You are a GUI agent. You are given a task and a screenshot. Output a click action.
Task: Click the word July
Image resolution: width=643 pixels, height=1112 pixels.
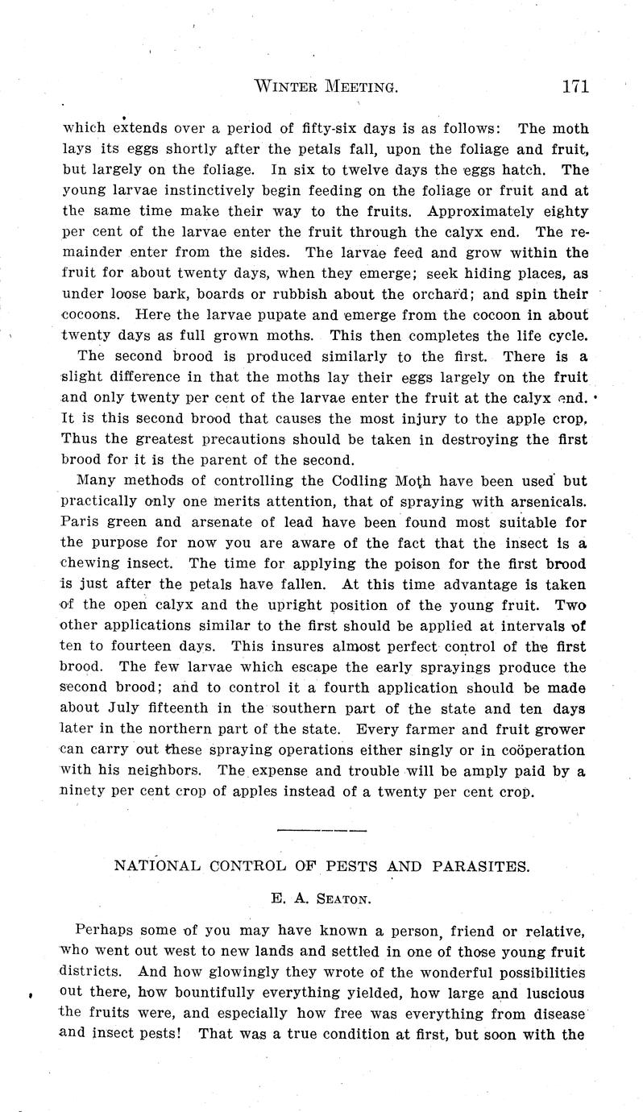click(127, 707)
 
